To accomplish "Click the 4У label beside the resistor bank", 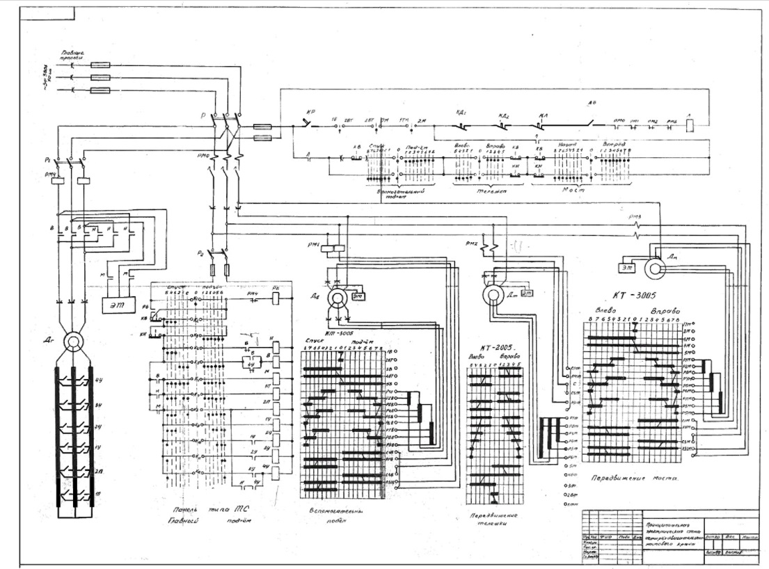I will pos(99,380).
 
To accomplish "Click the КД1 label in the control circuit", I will pos(461,111).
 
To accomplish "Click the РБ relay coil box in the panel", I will pos(276,296).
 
